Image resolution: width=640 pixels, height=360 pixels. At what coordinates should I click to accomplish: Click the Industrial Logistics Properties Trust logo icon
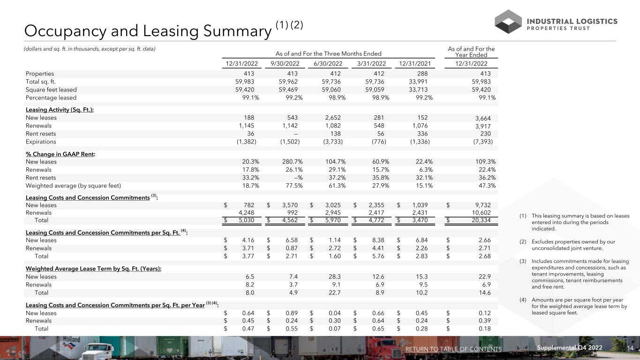click(508, 22)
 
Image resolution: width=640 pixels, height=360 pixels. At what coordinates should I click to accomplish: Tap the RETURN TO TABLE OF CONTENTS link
click(453, 349)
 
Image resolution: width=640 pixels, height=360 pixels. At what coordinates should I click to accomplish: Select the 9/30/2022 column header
click(285, 64)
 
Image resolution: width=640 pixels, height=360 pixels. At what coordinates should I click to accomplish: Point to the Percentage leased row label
click(51, 97)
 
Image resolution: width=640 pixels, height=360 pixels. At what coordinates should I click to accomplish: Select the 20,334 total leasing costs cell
click(479, 219)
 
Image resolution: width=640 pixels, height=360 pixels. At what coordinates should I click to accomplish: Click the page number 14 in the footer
click(630, 348)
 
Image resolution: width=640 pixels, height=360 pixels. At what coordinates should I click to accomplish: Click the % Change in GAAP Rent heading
click(59, 154)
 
